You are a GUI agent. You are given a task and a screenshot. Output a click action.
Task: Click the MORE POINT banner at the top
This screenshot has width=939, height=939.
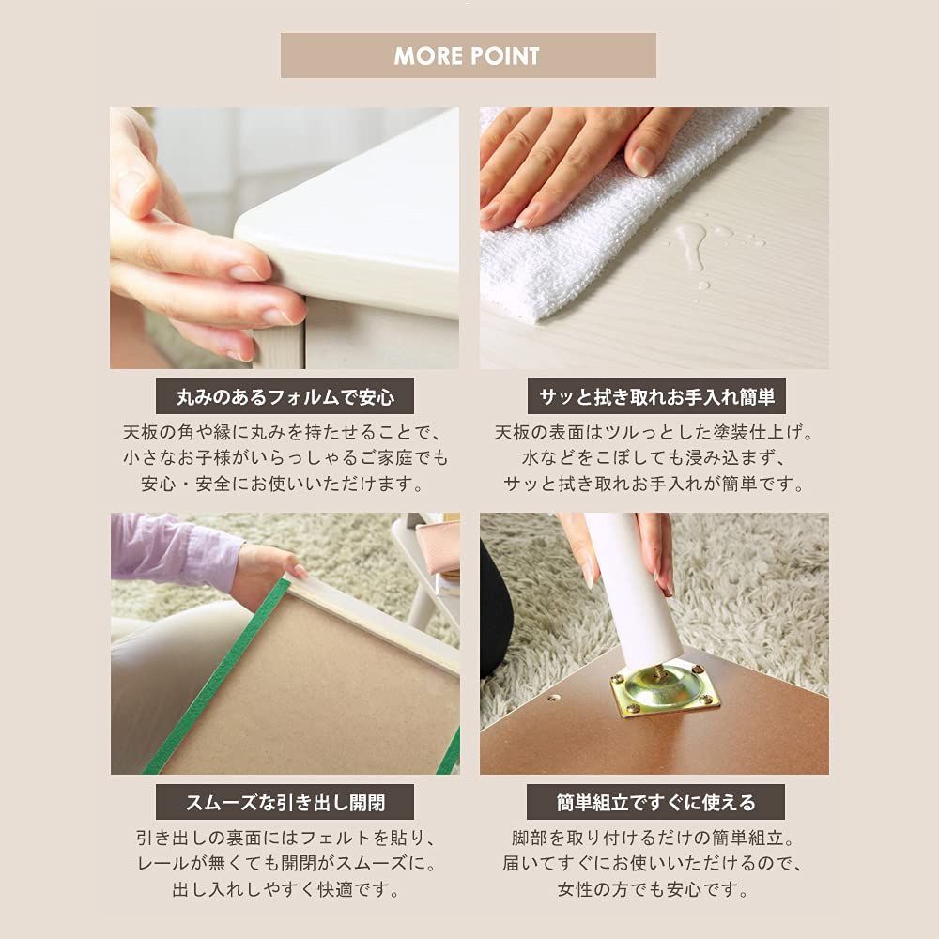click(x=468, y=55)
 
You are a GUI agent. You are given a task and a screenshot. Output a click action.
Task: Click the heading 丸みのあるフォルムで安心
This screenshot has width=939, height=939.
click(x=285, y=396)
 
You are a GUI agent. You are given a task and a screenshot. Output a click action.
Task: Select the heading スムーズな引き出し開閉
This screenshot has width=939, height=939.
click(x=285, y=803)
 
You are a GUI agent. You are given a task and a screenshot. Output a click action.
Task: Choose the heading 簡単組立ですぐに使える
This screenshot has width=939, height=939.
click(x=654, y=803)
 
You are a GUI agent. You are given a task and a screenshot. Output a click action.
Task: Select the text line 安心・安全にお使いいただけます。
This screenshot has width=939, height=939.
click(x=285, y=485)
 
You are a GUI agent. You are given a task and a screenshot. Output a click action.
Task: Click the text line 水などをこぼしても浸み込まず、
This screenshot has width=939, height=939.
click(x=654, y=459)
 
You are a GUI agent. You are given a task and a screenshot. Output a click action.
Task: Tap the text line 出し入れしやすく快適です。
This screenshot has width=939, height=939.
click(x=285, y=889)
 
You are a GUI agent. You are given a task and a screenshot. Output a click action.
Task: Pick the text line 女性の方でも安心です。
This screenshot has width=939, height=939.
click(x=654, y=889)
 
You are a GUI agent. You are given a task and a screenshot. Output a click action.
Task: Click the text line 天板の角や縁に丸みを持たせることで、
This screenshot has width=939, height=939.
click(x=285, y=434)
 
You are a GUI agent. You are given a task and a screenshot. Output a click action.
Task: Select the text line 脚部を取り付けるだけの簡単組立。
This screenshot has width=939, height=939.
click(x=654, y=838)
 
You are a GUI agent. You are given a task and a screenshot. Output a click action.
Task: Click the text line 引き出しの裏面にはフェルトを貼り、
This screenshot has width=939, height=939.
click(x=285, y=838)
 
